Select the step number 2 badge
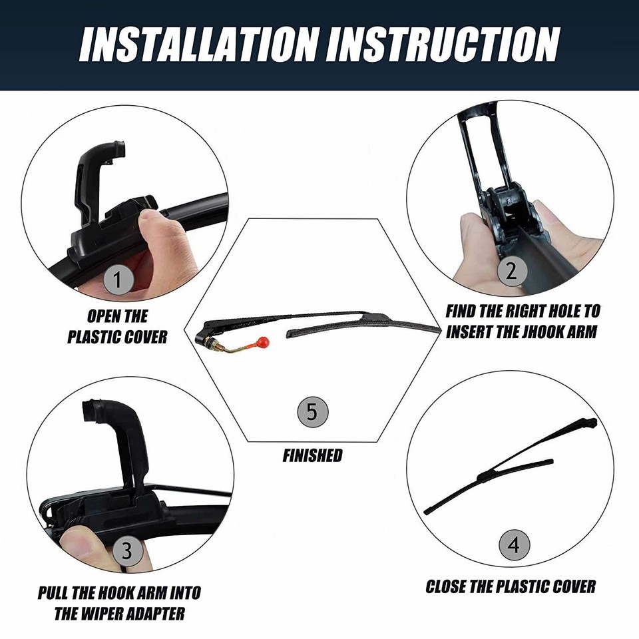click(x=511, y=270)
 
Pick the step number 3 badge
click(x=127, y=550)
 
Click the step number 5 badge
click(x=312, y=412)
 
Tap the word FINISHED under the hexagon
click(x=312, y=456)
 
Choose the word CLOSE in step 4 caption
click(x=449, y=586)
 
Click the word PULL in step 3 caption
click(x=54, y=592)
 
